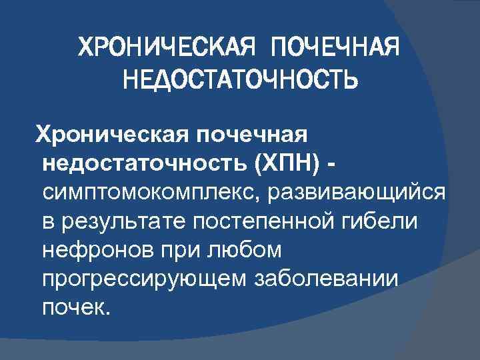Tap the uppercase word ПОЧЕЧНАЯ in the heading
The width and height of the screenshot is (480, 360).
click(335, 47)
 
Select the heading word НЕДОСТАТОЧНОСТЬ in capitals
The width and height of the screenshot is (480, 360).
click(240, 80)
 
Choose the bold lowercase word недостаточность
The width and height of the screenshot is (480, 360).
click(143, 164)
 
